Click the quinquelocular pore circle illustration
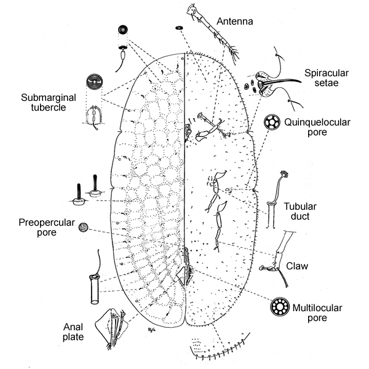(x=271, y=122)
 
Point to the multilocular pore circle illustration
(x=280, y=306)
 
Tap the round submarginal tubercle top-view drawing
(x=93, y=83)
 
